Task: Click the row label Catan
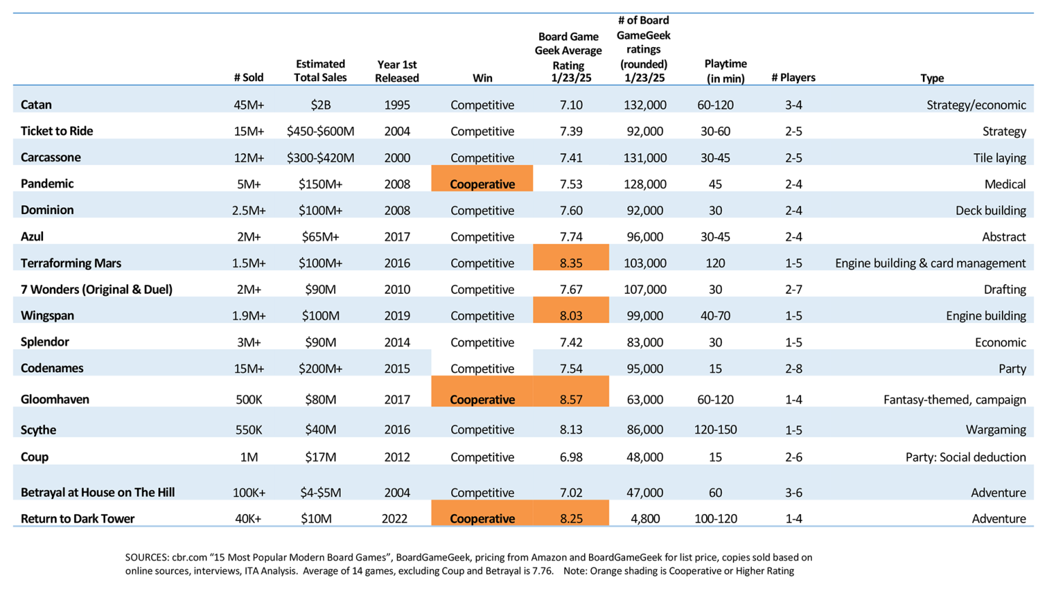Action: (36, 104)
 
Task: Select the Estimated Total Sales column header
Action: (320, 71)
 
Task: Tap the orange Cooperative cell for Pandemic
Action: (482, 179)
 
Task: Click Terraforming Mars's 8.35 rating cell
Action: (571, 258)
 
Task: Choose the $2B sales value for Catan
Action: (320, 105)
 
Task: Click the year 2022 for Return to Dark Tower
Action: (395, 518)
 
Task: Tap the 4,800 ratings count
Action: (645, 518)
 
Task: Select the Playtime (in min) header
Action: (725, 71)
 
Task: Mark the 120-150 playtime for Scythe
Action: (715, 429)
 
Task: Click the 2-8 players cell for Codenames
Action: (793, 368)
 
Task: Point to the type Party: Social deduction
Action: (966, 457)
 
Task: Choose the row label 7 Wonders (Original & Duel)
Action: (96, 289)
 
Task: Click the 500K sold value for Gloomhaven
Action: (249, 399)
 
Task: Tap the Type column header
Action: (932, 78)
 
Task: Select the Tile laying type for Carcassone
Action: (1000, 157)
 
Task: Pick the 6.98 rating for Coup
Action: (571, 457)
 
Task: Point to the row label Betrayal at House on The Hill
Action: (97, 492)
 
